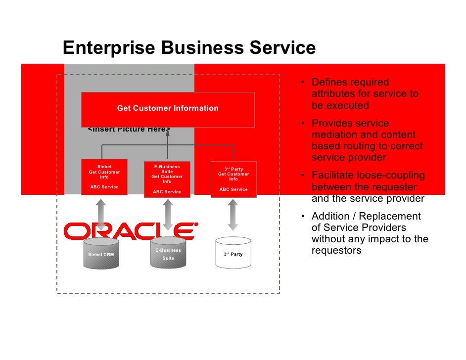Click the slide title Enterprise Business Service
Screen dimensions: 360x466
[189, 48]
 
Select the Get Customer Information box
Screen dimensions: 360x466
[168, 108]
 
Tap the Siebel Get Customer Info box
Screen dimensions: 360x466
[104, 177]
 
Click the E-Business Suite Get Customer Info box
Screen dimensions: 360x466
[167, 180]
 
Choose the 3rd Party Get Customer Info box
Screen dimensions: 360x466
[233, 179]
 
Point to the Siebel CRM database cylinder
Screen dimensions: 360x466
[101, 254]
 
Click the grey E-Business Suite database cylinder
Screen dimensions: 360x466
[168, 254]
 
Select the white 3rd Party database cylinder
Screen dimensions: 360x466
[233, 254]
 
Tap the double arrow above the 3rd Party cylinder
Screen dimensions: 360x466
[233, 214]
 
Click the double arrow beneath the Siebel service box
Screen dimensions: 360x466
[101, 214]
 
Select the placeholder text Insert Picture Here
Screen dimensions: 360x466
[129, 130]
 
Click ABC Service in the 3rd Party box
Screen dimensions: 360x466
[233, 189]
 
